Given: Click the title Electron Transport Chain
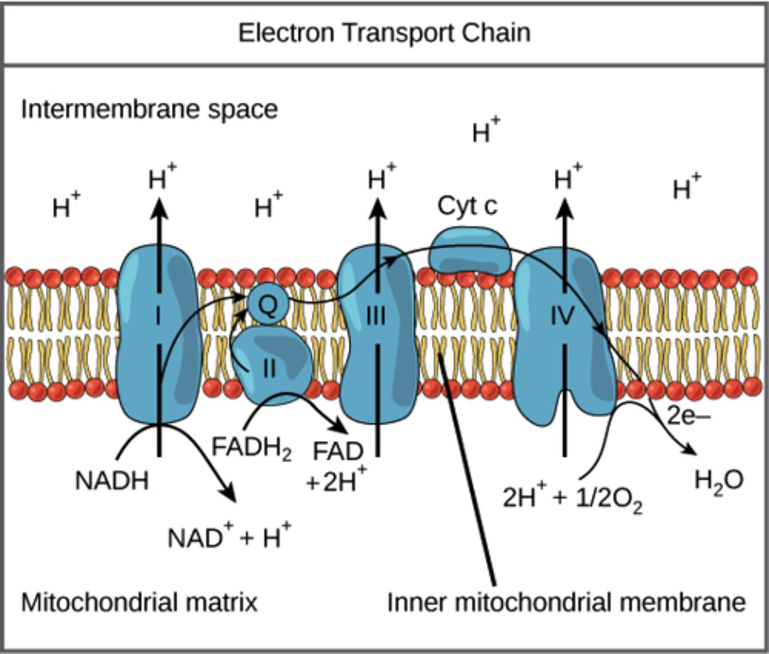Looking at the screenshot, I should click(384, 34).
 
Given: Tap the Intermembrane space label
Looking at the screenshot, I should click(149, 110).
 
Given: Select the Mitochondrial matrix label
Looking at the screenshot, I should click(139, 603).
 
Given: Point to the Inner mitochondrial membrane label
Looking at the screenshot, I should click(566, 603).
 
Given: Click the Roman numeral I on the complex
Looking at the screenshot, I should click(159, 316).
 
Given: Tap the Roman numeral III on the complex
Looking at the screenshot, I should click(376, 316).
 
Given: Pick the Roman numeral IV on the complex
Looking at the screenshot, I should click(563, 316).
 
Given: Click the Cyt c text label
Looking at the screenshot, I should click(467, 207).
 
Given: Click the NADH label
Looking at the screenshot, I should click(112, 482).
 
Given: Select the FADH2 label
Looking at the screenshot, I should click(251, 449).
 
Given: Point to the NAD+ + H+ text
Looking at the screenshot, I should click(229, 537).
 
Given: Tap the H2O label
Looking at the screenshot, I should click(719, 481).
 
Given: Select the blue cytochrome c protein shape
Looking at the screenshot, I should click(470, 251).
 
